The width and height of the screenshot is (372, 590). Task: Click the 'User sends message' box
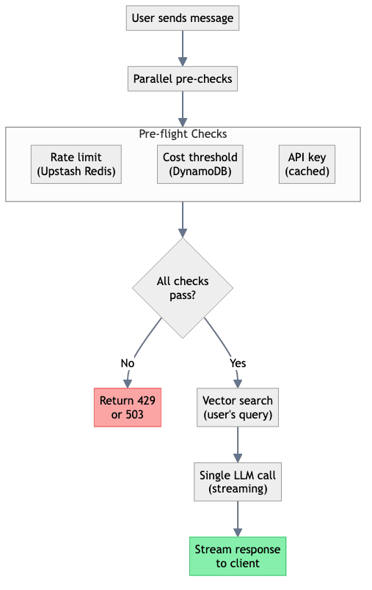tap(183, 18)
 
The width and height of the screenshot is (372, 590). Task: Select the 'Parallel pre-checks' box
tap(183, 78)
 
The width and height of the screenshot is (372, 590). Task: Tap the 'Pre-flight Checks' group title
tap(183, 134)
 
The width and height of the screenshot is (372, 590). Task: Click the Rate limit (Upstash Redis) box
tap(76, 165)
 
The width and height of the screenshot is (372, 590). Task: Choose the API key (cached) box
tap(307, 165)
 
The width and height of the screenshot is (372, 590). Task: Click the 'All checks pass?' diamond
tap(183, 288)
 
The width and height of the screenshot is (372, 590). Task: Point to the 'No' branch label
tap(128, 363)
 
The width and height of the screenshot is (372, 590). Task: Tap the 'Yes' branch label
tap(238, 363)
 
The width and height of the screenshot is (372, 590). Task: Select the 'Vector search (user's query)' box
tap(238, 408)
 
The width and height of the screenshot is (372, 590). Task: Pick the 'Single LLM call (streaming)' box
tap(238, 482)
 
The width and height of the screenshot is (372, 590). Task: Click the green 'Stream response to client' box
tap(238, 556)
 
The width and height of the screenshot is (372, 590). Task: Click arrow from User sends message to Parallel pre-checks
tap(183, 48)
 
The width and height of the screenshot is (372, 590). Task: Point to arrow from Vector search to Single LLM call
tap(238, 445)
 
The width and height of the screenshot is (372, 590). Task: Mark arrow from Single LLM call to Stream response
tap(238, 519)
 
